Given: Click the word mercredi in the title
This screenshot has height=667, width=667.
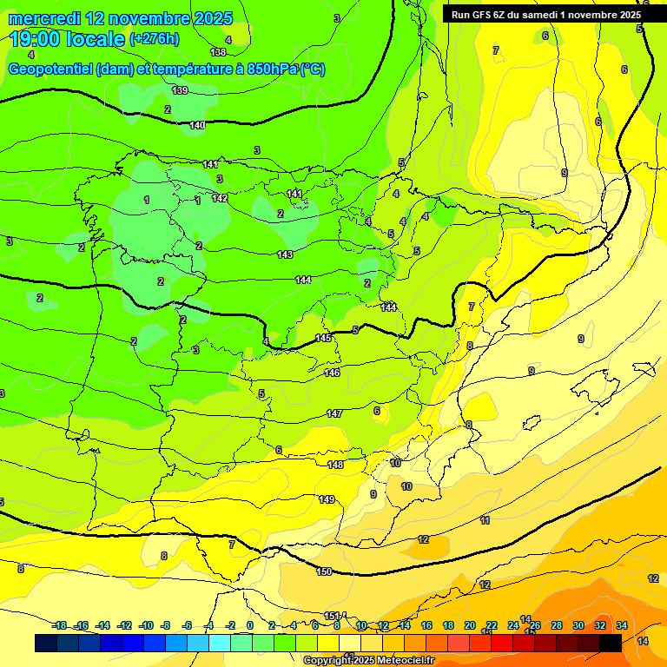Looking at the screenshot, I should pos(46,18).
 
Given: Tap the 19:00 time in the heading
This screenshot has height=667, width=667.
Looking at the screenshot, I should pos(36,39).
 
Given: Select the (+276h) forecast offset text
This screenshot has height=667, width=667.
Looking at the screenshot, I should pos(154,39).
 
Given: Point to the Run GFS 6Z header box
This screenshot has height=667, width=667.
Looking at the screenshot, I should pos(545,14).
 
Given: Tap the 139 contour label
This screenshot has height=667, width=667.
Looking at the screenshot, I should pos(180,91).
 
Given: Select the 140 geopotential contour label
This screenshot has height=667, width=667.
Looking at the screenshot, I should pos(197,126).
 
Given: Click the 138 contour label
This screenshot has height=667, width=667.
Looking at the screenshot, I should pos(218,52).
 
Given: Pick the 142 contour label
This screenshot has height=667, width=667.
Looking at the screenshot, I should pos(220,198).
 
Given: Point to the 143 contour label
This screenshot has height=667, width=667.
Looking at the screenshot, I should pos(285,254).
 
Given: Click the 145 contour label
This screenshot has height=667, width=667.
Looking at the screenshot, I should pos(323,338).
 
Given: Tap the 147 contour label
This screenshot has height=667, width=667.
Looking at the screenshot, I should pos(334,413).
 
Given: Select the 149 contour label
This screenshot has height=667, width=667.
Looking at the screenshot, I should pos(327,499).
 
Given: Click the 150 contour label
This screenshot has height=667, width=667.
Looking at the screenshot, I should pos(324,571).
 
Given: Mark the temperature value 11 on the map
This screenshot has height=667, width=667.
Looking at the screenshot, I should pos(485,521).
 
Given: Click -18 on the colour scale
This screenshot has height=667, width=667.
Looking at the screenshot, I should pos(59,625).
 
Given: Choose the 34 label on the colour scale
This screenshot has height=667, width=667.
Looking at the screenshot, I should pos(622,625).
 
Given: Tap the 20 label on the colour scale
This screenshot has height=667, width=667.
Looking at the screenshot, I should pos(470,625).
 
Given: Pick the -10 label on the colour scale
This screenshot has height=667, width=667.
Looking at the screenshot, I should pos(146,625).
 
